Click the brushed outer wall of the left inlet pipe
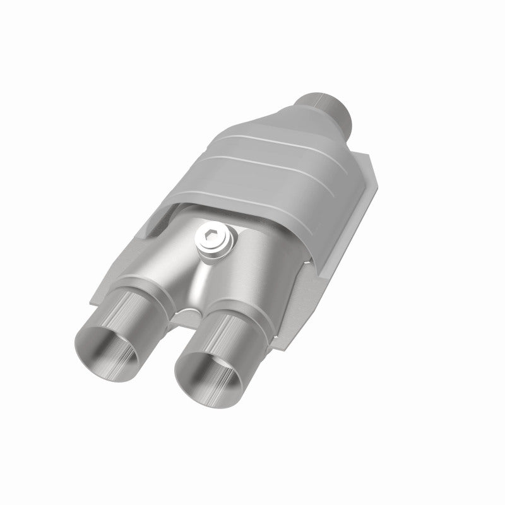click(136, 316)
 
